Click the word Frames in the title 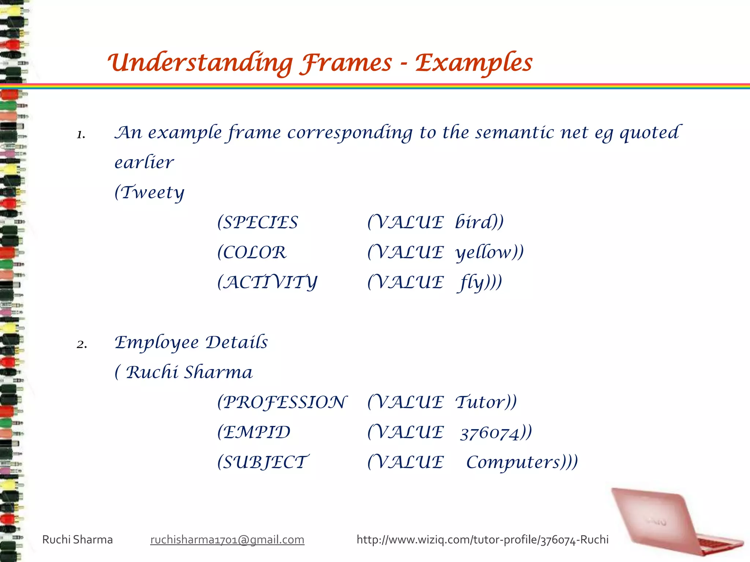coord(346,63)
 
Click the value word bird coord(475,222)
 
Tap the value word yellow coord(484,252)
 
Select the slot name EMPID coord(256,432)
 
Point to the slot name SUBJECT coord(265,462)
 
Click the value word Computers coord(513,462)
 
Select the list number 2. coord(82,344)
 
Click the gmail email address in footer coord(227,540)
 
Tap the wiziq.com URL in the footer coord(482,540)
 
